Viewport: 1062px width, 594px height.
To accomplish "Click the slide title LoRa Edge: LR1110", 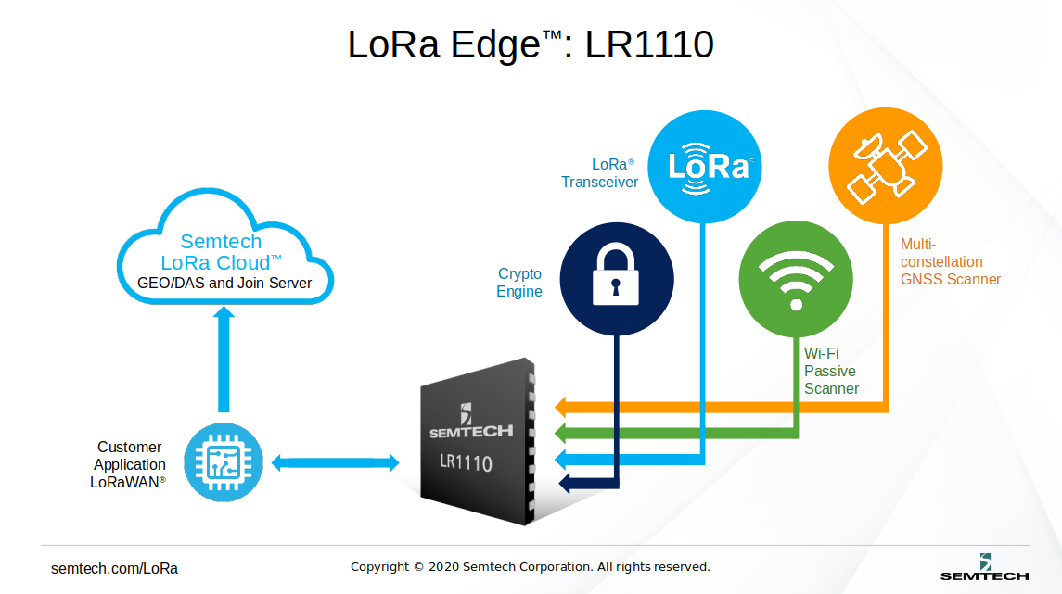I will (x=531, y=44).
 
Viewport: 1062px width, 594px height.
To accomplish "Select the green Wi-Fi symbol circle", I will (x=795, y=277).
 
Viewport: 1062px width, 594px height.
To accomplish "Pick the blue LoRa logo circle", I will (x=704, y=167).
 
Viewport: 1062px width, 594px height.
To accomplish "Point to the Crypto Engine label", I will (x=519, y=283).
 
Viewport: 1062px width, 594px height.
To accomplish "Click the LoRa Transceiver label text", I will (x=599, y=173).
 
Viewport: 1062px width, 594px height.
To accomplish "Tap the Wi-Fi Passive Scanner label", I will (x=831, y=371).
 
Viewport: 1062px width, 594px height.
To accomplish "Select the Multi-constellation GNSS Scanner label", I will (x=950, y=261).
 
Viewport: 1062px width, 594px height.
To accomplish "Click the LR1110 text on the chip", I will (x=466, y=462).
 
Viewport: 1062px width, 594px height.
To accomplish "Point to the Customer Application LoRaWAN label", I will (x=129, y=464).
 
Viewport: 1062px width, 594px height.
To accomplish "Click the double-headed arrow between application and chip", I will (x=335, y=462).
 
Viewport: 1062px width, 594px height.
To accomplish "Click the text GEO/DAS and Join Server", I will (x=224, y=283).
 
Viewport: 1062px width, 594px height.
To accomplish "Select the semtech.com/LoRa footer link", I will (x=114, y=568).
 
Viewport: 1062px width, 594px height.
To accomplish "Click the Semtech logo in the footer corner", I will (x=984, y=567).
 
